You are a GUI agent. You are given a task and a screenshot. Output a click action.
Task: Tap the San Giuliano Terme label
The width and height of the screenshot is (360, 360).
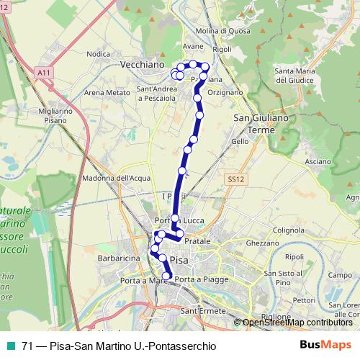pyautogui.click(x=257, y=124)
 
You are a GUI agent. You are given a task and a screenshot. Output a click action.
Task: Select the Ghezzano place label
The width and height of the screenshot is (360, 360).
pyautogui.click(x=262, y=243)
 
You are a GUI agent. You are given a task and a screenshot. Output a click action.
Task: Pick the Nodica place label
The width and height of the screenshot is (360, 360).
pyautogui.click(x=96, y=53)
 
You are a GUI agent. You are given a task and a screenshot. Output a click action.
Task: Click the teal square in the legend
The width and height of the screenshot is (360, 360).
pyautogui.click(x=8, y=345)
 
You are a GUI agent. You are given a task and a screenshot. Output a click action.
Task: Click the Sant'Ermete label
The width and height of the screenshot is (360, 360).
pyautogui.click(x=199, y=310)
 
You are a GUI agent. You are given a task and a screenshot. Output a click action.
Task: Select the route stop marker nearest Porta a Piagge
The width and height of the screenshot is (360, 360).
pyautogui.click(x=167, y=276)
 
